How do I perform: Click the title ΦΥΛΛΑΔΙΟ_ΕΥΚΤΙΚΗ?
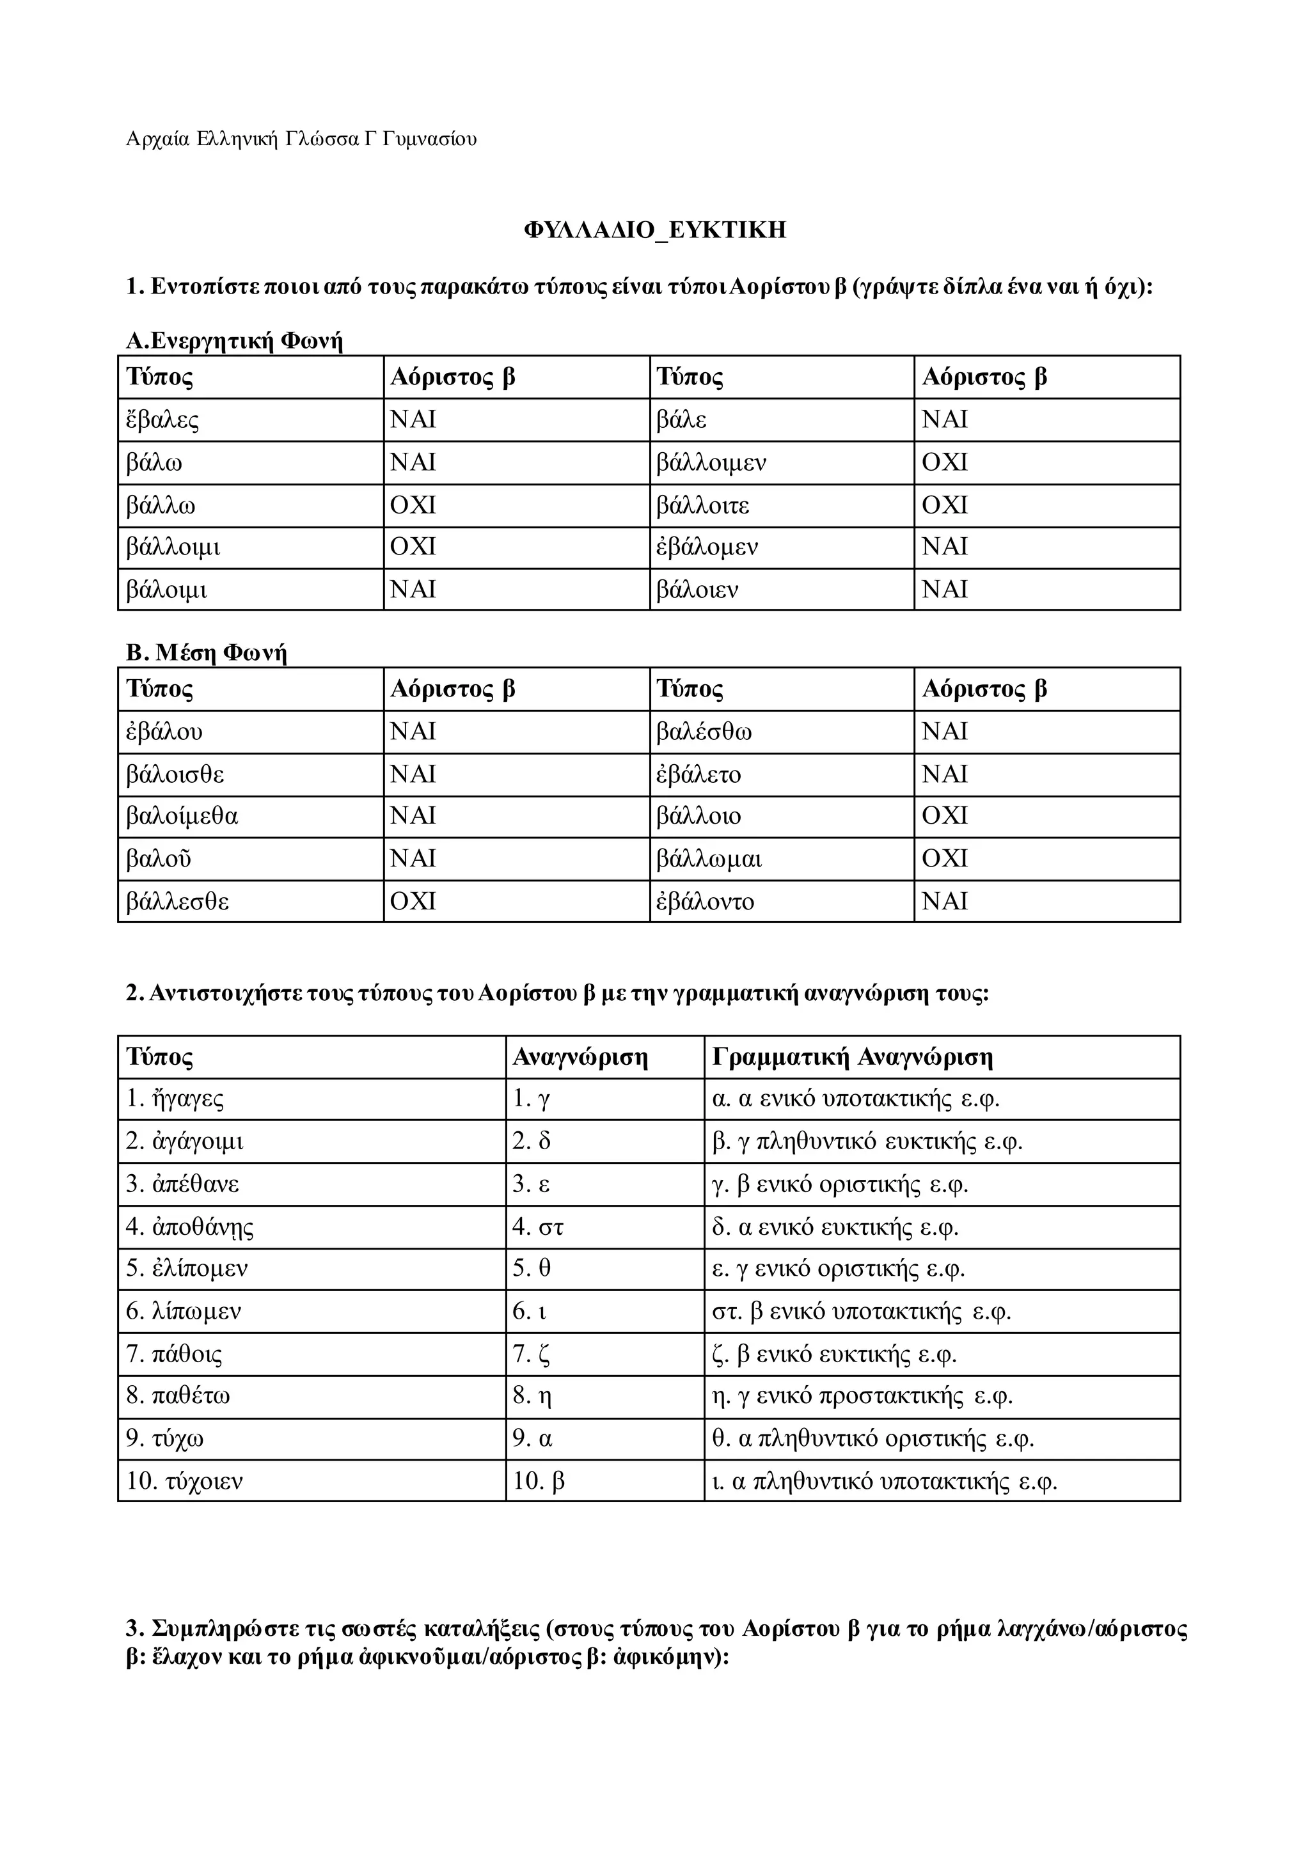pos(654,231)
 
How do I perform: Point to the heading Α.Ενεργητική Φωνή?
pos(234,341)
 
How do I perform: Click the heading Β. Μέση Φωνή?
pos(207,652)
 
